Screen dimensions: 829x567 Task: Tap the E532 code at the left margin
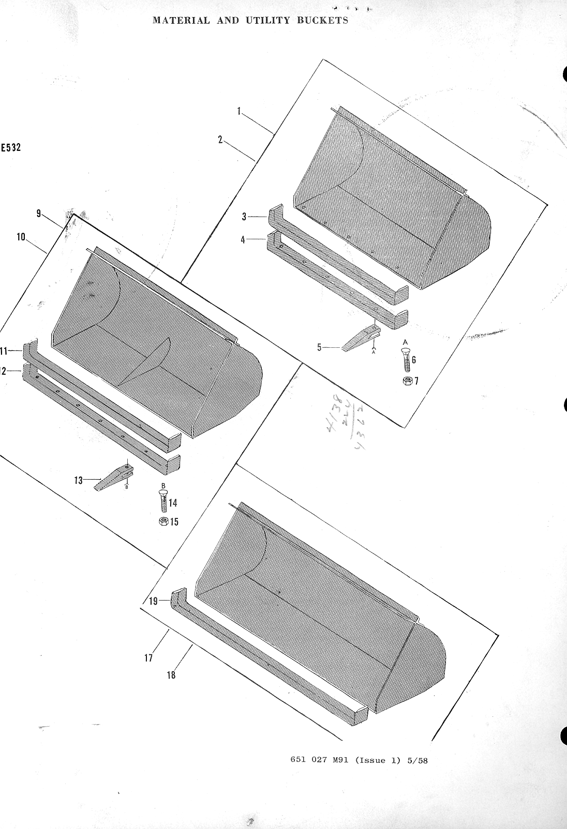pos(11,147)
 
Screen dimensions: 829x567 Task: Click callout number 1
pos(240,111)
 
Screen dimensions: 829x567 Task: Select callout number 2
pos(220,140)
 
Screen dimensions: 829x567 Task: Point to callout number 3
pos(244,217)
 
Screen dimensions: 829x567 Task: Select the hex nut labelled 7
pos(407,381)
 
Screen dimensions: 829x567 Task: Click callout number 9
pos(39,213)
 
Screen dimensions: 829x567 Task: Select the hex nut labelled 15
pos(163,521)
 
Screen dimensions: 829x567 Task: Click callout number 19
pos(153,601)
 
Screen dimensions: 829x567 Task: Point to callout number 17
pos(148,658)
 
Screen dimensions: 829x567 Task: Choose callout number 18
pos(171,674)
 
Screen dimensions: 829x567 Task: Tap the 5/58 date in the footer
pos(417,761)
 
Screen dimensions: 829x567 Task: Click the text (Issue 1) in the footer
pos(378,761)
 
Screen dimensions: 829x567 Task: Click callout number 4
pos(243,240)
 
